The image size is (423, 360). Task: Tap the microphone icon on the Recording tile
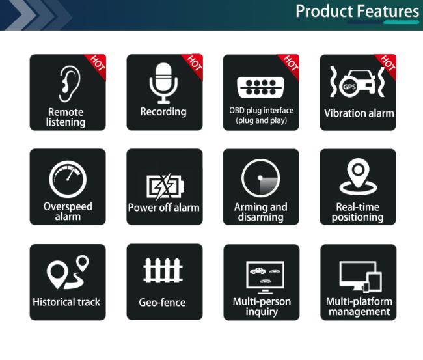163,83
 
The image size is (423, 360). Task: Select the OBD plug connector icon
260,87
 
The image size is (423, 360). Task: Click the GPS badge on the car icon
349,87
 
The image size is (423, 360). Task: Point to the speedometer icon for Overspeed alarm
68,179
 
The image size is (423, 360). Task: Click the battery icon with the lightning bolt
165,186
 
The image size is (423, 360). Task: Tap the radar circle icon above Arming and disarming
260,178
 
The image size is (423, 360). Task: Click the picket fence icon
163,270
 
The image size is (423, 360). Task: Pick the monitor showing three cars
265,277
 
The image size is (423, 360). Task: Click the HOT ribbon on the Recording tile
193,65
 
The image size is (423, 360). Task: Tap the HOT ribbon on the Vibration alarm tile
387,65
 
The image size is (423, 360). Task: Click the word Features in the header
389,11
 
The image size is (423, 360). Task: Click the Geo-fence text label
162,303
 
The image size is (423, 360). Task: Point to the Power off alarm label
164,208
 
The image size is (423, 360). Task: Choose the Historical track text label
66,301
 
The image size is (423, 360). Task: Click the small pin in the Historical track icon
82,263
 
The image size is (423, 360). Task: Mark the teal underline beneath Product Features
401,22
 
